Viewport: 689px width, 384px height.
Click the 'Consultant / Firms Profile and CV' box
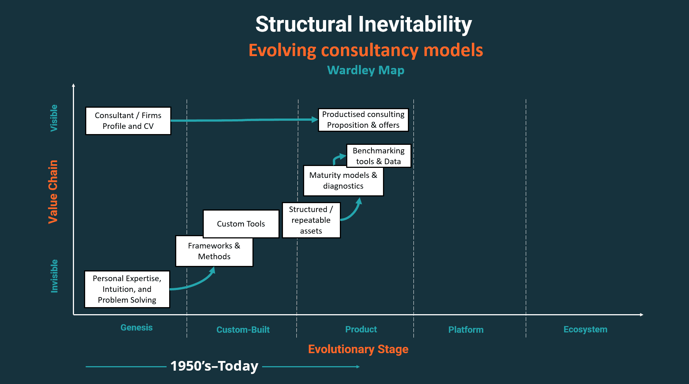tap(128, 121)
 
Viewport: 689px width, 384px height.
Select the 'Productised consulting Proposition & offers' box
tap(363, 120)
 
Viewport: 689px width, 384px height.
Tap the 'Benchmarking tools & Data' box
tap(379, 156)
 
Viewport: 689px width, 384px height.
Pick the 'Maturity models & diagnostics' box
tap(343, 180)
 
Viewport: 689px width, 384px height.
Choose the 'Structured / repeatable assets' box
tap(311, 220)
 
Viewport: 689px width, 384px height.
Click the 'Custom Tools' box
tap(241, 224)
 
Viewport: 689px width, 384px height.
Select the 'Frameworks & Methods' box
tap(214, 251)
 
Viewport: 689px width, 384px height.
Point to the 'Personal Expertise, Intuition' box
tap(127, 289)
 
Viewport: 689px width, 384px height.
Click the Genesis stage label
tap(136, 328)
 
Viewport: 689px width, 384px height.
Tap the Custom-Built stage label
tap(243, 330)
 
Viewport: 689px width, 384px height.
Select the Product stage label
tap(361, 329)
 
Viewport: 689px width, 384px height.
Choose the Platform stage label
tap(466, 330)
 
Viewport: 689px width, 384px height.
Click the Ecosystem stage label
tap(585, 329)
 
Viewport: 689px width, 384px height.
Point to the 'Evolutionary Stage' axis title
tap(358, 349)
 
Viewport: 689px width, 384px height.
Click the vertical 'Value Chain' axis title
tap(53, 192)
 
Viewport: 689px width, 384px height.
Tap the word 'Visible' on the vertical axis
tap(54, 118)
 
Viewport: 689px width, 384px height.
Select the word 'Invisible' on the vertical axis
tap(54, 276)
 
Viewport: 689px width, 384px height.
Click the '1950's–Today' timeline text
tap(214, 366)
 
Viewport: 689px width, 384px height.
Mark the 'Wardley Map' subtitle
tap(366, 70)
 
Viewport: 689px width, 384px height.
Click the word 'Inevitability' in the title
tap(415, 25)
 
